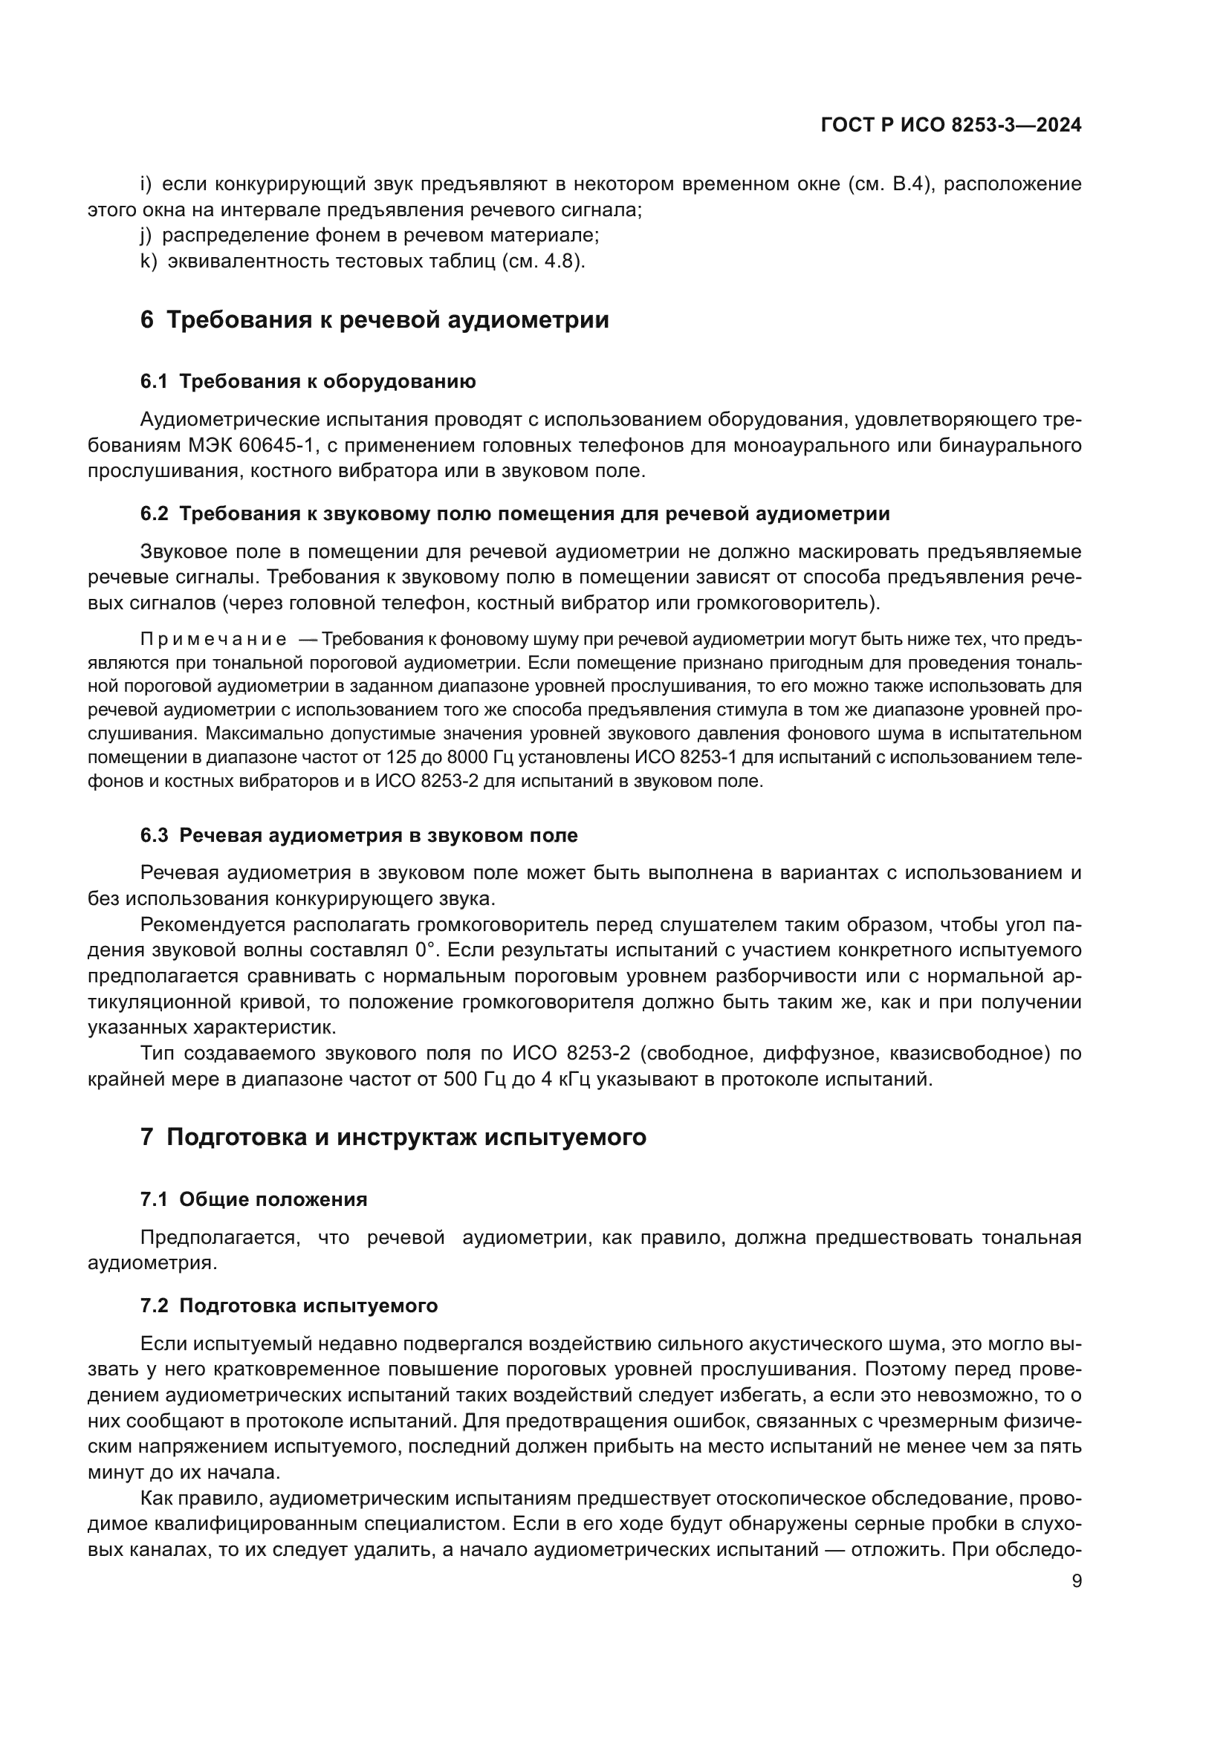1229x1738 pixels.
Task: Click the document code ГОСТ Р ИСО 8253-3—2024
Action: point(950,126)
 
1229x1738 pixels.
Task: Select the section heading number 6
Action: point(147,320)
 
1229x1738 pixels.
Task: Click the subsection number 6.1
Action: point(154,381)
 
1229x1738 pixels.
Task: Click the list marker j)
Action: point(148,236)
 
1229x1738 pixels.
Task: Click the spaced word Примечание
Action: point(213,640)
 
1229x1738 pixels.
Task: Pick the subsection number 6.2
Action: point(154,514)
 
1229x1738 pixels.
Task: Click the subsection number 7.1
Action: point(154,1200)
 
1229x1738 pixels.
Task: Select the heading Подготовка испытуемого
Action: point(309,1306)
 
